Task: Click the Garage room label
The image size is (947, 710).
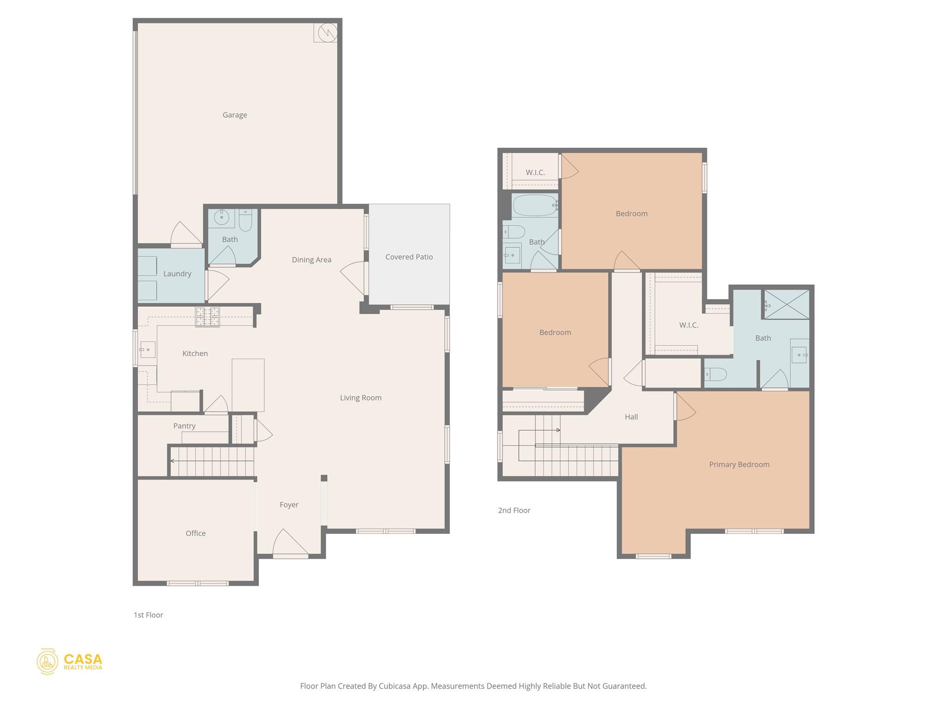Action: pyautogui.click(x=234, y=115)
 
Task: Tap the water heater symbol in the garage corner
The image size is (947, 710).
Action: pyautogui.click(x=327, y=32)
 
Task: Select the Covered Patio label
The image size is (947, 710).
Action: pyautogui.click(x=409, y=257)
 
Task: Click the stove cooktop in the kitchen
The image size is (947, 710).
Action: pyautogui.click(x=207, y=317)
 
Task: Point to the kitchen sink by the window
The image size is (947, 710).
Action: pyautogui.click(x=147, y=350)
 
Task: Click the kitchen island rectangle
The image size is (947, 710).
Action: pyautogui.click(x=248, y=385)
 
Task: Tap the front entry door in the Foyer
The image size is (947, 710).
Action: pyautogui.click(x=290, y=545)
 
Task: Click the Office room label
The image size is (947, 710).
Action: pyautogui.click(x=196, y=533)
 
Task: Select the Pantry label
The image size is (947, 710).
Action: pyautogui.click(x=184, y=426)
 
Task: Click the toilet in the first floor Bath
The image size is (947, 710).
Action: pyautogui.click(x=245, y=221)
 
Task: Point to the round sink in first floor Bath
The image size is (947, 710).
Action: pyautogui.click(x=221, y=217)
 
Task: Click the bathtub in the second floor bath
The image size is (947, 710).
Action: pyautogui.click(x=535, y=205)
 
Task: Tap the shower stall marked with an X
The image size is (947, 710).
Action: pyautogui.click(x=787, y=304)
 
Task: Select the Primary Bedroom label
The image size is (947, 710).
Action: pyautogui.click(x=739, y=465)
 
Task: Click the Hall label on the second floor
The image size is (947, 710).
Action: pyautogui.click(x=631, y=417)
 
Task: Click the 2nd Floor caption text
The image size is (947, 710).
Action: pyautogui.click(x=514, y=510)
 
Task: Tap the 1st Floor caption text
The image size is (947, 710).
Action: pyautogui.click(x=148, y=615)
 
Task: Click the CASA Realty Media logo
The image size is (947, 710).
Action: pyautogui.click(x=69, y=661)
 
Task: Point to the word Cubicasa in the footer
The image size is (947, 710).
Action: pyautogui.click(x=396, y=686)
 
